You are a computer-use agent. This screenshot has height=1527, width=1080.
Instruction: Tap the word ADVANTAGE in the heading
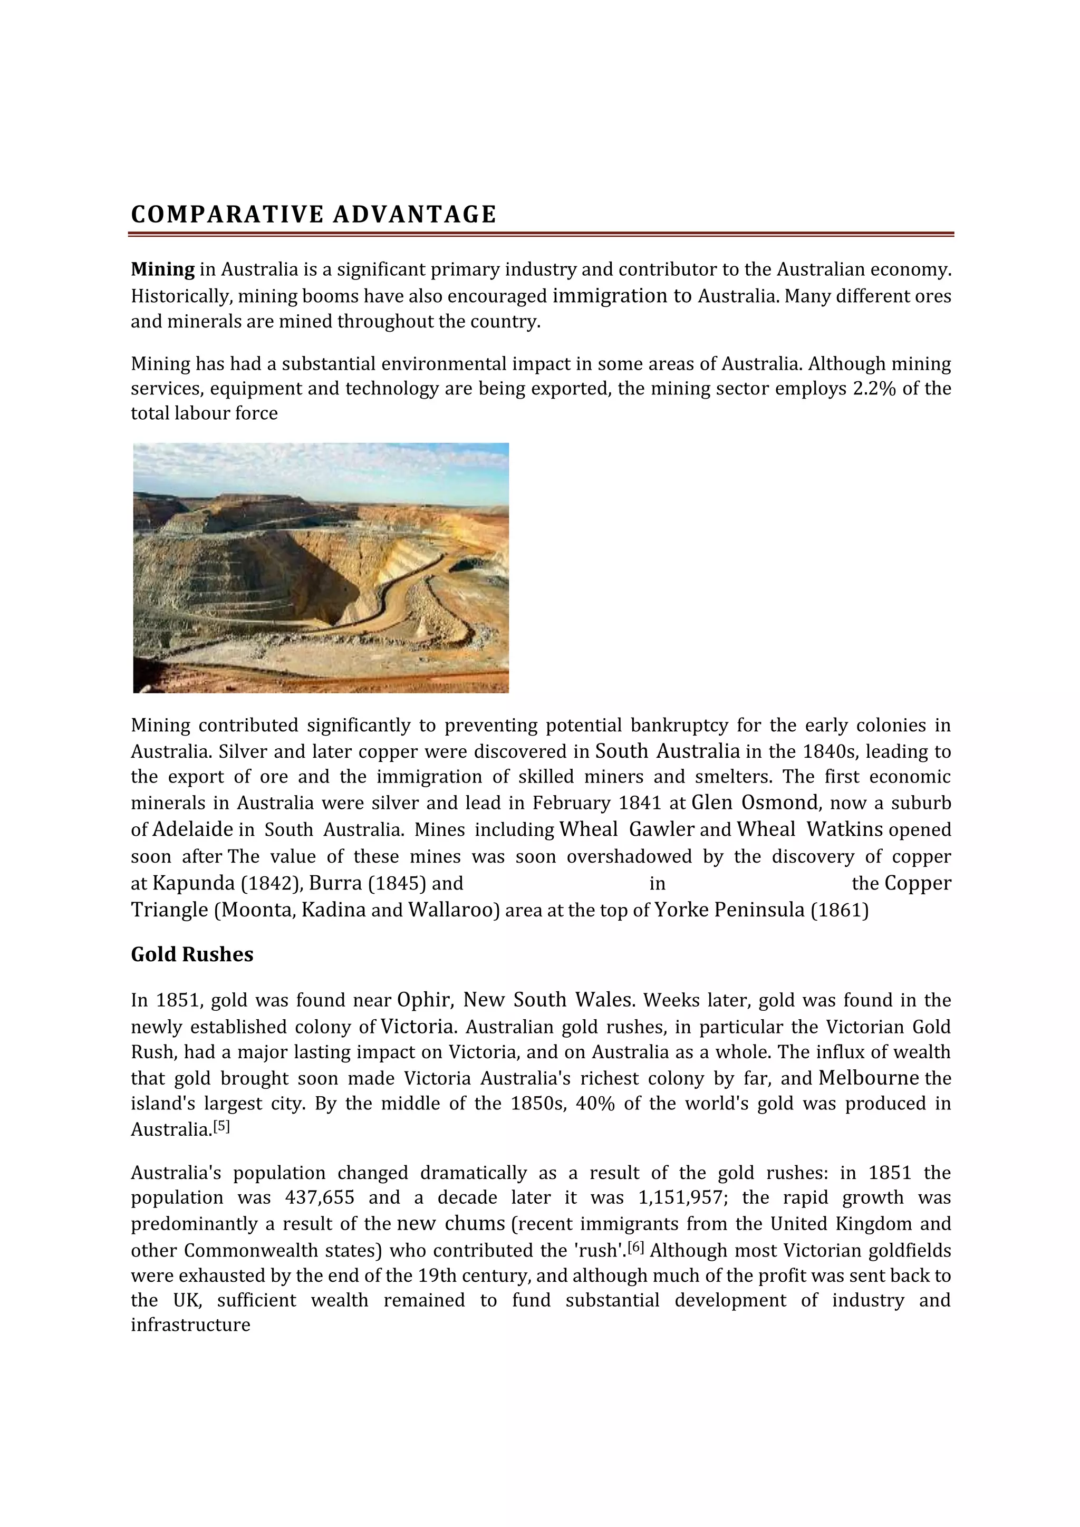(414, 214)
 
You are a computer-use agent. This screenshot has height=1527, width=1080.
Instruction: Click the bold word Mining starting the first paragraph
(162, 269)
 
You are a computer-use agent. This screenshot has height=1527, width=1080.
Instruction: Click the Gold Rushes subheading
(191, 954)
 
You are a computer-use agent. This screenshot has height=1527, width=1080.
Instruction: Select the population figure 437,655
(319, 1198)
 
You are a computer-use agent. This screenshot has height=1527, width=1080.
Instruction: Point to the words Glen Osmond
(755, 803)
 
